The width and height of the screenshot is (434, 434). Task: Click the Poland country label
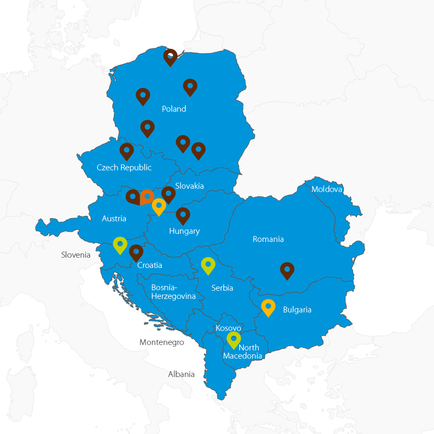tap(174, 109)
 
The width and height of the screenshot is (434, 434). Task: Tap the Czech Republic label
tap(124, 168)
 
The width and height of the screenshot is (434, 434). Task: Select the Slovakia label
tap(189, 186)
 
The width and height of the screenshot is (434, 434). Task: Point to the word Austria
tap(114, 219)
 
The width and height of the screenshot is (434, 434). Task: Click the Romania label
tap(268, 239)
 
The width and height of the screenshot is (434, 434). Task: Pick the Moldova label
tap(327, 189)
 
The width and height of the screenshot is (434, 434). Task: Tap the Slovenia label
tap(75, 254)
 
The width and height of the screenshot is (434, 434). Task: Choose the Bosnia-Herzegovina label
tap(173, 292)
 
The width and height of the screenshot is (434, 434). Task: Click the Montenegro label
tap(162, 342)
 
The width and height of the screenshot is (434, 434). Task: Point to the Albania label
tap(181, 374)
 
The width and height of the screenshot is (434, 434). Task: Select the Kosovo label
tap(228, 328)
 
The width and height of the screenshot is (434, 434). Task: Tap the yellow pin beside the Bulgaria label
tap(268, 307)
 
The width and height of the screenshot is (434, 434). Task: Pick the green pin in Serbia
tap(208, 265)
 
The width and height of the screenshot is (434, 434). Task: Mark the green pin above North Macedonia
tap(233, 339)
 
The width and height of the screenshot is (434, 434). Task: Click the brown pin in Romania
tap(287, 270)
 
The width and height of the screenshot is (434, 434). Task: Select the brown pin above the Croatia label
tap(136, 252)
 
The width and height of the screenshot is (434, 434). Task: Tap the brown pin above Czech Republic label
tap(126, 151)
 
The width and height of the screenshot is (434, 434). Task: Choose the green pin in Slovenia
tap(120, 245)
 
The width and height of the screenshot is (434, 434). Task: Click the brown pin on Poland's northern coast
tap(170, 56)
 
